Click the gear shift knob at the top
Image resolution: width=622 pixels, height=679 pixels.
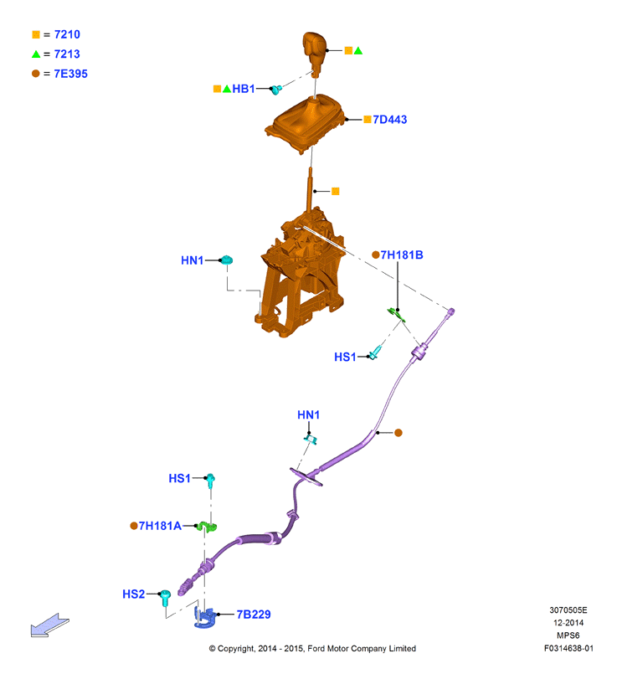point(314,52)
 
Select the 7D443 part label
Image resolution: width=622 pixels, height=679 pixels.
point(389,120)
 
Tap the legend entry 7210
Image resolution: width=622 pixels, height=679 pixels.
point(67,34)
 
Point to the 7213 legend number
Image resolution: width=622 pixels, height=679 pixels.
point(67,54)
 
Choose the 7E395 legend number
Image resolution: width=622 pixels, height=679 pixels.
point(70,74)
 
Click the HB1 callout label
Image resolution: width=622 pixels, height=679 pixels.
point(244,89)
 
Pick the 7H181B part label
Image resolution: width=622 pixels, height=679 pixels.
point(402,255)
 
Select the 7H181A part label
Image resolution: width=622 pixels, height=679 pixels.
point(160,526)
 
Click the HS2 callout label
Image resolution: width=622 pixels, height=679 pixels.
point(134,594)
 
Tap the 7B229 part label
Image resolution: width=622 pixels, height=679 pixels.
point(254,615)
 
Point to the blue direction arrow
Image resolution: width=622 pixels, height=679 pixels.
point(49,625)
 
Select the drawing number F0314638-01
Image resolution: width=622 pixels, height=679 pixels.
point(568,648)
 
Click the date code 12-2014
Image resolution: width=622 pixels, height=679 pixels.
point(568,623)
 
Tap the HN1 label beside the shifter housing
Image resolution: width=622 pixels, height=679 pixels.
point(193,260)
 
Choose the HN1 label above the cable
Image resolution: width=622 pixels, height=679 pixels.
point(309,414)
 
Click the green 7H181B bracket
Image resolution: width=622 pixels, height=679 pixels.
point(397,315)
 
